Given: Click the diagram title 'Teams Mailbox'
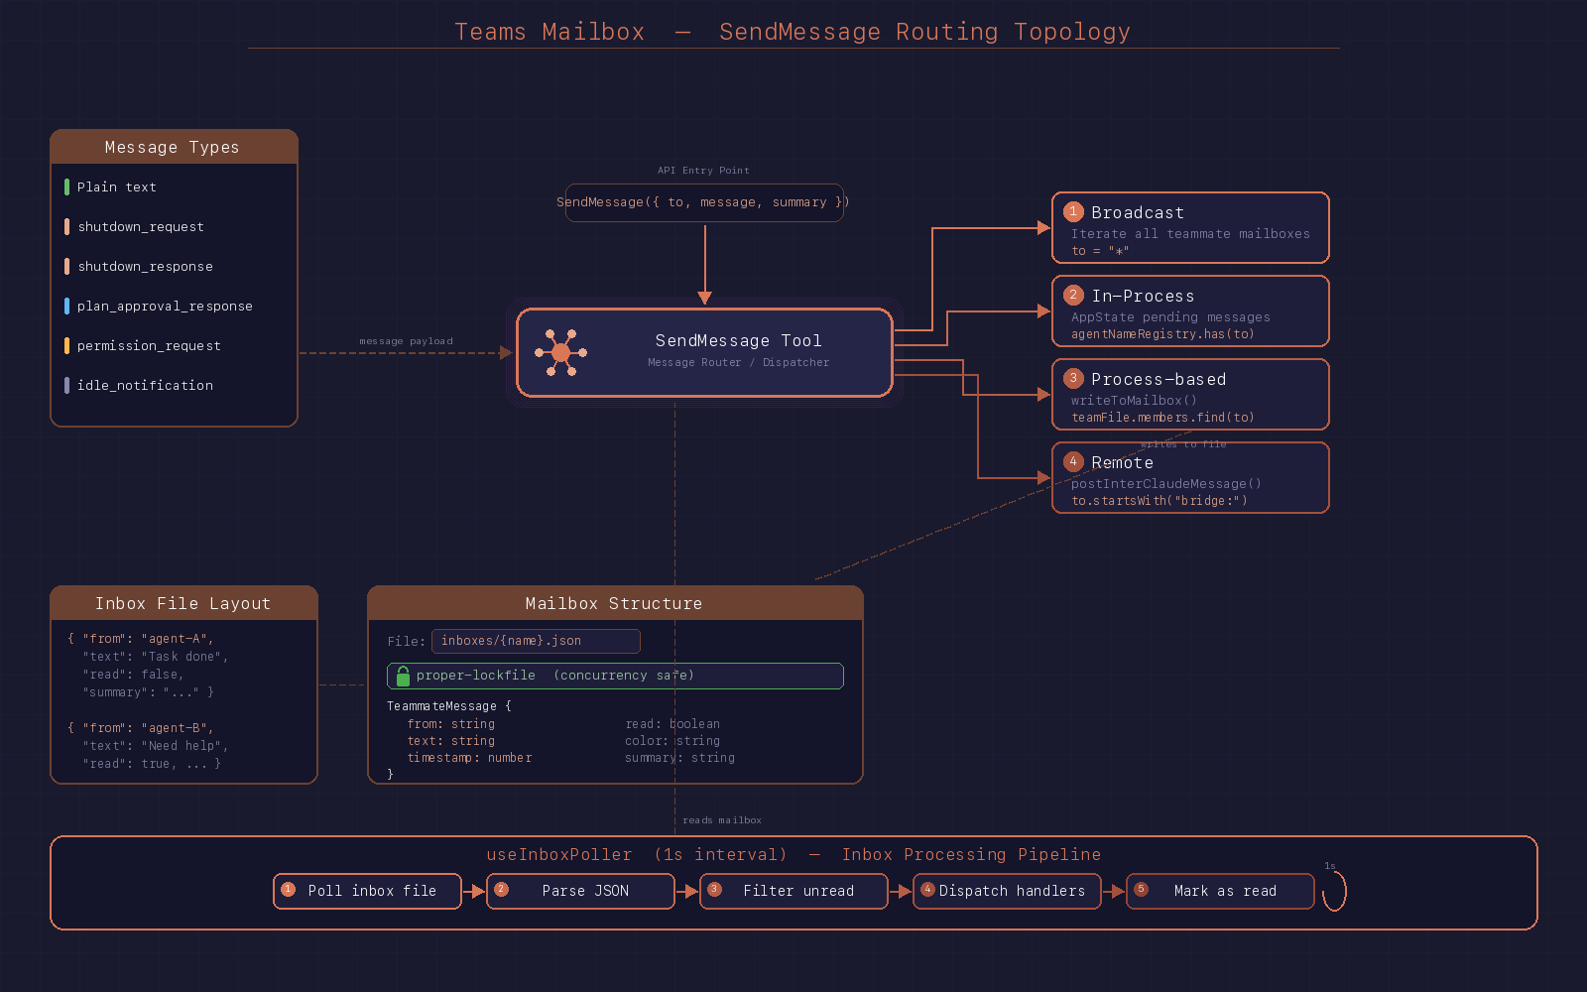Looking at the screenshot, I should pos(549,32).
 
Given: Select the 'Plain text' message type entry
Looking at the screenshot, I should pos(116,187).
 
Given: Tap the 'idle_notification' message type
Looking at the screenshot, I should pos(145,386).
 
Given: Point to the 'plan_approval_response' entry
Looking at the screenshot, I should pos(165,307).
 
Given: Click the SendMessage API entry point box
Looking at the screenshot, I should pos(704,202).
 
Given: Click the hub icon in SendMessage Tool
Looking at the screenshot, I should pos(560,352).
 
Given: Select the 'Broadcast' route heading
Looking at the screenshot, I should pos(1138,212).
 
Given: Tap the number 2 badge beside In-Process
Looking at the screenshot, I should pos(1073,295).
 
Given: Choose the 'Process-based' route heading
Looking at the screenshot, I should pos(1159,379).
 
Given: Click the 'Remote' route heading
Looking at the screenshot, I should pos(1122,462).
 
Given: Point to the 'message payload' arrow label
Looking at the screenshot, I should pos(406,341).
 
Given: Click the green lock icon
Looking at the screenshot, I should pos(403,677).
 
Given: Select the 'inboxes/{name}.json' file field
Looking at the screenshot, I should pos(536,641).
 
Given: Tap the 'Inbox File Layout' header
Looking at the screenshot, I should pos(183,603).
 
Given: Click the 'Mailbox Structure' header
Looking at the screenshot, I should pos(614,603).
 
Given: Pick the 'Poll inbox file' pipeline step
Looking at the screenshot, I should pos(367,891).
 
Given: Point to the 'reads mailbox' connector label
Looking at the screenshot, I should pos(722,820).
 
